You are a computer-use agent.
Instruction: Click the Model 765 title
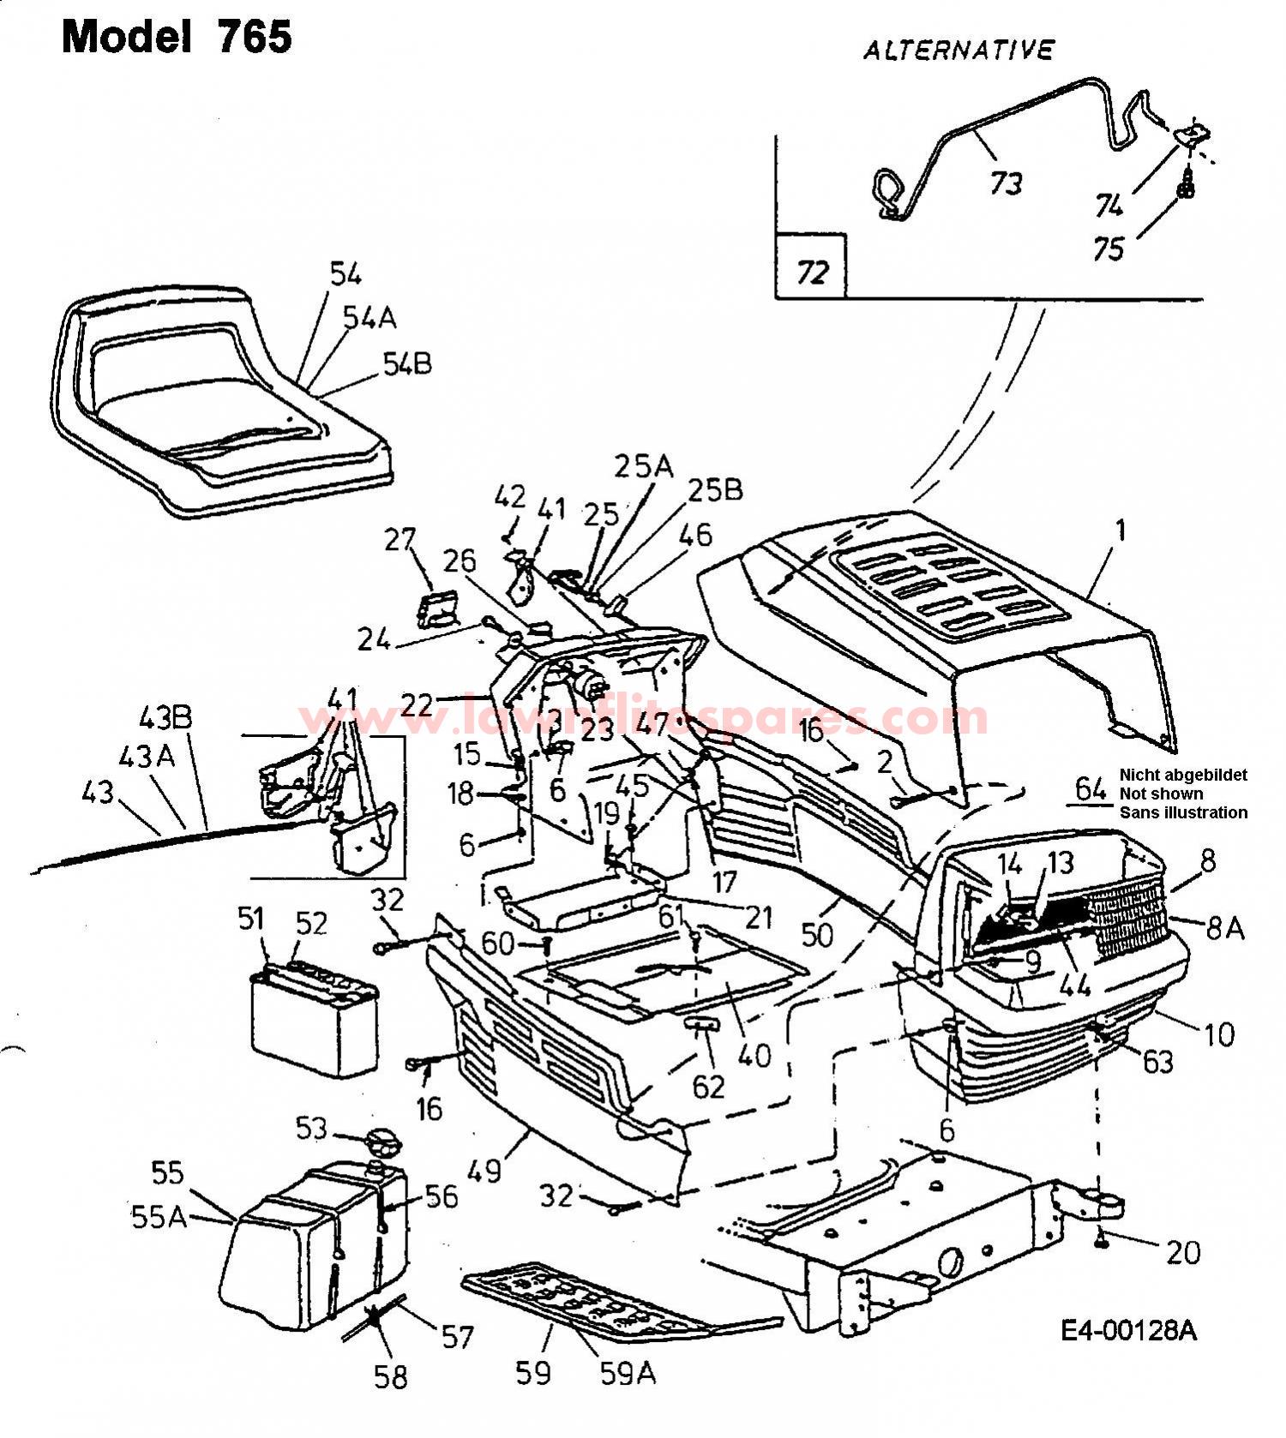pos(177,37)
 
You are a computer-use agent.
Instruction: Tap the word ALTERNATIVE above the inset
pos(958,51)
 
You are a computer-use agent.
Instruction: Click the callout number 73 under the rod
pos(1006,183)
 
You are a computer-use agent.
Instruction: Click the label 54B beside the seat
pos(406,364)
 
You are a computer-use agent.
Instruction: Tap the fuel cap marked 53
pos(382,1142)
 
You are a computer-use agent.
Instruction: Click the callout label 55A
pos(159,1216)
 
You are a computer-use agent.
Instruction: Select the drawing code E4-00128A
pos(1128,1330)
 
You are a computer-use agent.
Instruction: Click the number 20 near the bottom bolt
pos(1183,1253)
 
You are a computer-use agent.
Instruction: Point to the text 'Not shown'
pos(1161,794)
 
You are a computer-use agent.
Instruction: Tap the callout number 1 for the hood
pos(1119,530)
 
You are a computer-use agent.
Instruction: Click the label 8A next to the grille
pos(1223,927)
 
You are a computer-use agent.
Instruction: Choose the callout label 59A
pos(628,1374)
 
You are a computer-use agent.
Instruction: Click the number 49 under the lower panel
pos(485,1170)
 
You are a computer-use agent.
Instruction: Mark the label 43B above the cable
pos(165,717)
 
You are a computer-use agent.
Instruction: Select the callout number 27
pos(400,540)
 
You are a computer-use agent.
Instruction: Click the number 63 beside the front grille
pos(1157,1061)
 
